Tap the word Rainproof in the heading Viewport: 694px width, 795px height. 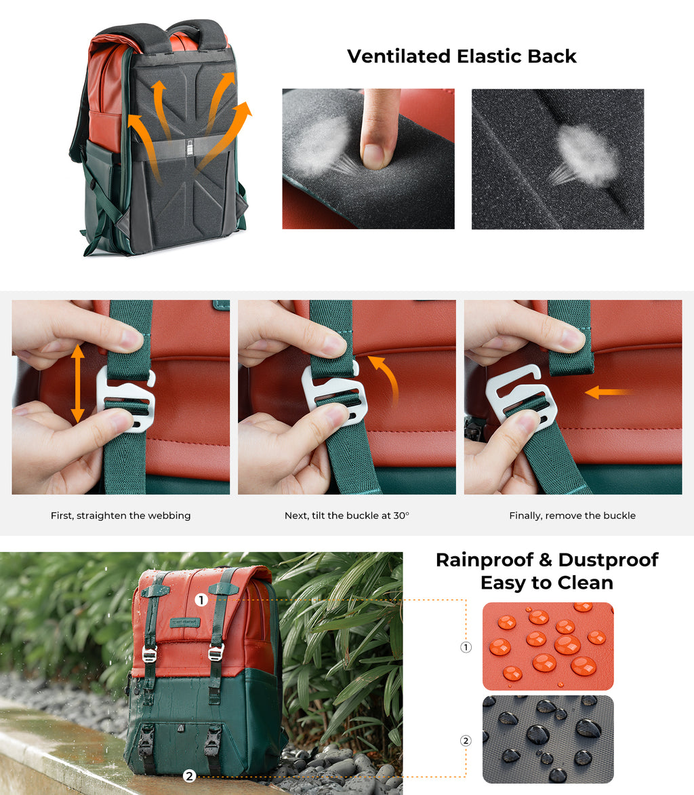point(485,560)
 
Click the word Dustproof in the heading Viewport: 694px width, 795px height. point(608,560)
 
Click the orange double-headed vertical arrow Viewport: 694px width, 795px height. point(77,384)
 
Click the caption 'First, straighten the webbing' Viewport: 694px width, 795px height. point(121,516)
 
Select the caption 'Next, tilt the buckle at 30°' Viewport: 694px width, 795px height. point(347,516)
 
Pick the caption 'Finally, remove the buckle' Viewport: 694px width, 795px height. point(573,516)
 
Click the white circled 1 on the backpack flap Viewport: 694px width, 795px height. point(201,600)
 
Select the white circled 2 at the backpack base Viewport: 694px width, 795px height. point(190,776)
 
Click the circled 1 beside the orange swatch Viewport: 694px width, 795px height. point(466,647)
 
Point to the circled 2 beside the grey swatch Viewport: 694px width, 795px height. point(466,741)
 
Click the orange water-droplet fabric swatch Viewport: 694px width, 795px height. point(548,646)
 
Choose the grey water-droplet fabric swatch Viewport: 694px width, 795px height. point(548,739)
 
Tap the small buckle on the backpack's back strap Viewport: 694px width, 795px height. point(190,148)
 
